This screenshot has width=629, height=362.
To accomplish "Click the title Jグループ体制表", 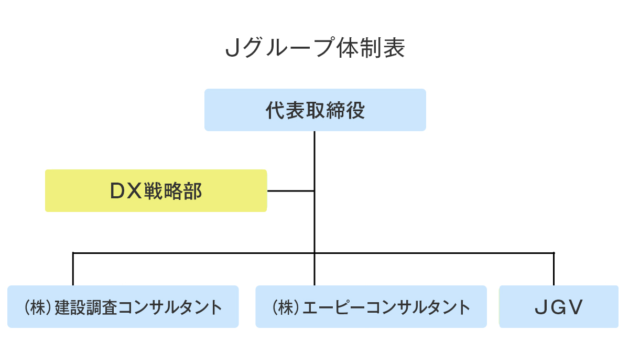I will pyautogui.click(x=314, y=49).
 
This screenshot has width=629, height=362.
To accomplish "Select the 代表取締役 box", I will pyautogui.click(x=315, y=110).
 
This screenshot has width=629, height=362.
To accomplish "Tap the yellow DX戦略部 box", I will pyautogui.click(x=156, y=190).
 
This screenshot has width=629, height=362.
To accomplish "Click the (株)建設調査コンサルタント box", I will pyautogui.click(x=123, y=307).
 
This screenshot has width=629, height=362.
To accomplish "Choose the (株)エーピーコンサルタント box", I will pyautogui.click(x=371, y=307).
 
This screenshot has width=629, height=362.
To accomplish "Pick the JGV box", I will pyautogui.click(x=559, y=307).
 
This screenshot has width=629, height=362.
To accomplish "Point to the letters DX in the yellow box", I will pyautogui.click(x=126, y=191).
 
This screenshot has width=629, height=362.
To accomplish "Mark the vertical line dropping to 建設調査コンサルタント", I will pyautogui.click(x=73, y=269).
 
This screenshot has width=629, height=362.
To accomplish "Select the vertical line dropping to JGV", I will pyautogui.click(x=554, y=269).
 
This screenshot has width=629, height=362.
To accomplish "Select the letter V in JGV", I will pyautogui.click(x=576, y=307).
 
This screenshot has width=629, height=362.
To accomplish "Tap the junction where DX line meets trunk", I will pyautogui.click(x=314, y=190).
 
